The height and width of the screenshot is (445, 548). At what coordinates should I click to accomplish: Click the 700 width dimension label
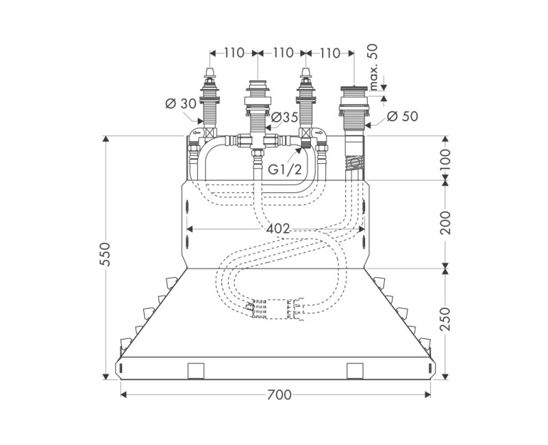pos(279,395)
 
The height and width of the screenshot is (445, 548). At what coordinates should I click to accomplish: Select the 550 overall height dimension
pos(105,257)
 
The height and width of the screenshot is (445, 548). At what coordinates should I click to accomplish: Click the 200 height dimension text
pos(446,223)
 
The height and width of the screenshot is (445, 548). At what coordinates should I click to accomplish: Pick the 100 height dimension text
pos(446,159)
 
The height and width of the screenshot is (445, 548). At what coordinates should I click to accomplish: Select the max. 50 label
pos(373,67)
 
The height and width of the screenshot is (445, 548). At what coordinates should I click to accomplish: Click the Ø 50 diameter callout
pos(402,117)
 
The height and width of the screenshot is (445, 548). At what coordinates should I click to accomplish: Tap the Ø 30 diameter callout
pos(180,104)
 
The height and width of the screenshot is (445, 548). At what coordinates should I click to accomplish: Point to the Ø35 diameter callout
pos(284,118)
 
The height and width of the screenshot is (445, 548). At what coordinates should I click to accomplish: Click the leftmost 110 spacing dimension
pos(232,53)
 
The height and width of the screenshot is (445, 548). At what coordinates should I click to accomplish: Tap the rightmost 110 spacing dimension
pos(329,53)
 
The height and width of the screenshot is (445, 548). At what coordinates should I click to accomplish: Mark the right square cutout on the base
pos(355,370)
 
